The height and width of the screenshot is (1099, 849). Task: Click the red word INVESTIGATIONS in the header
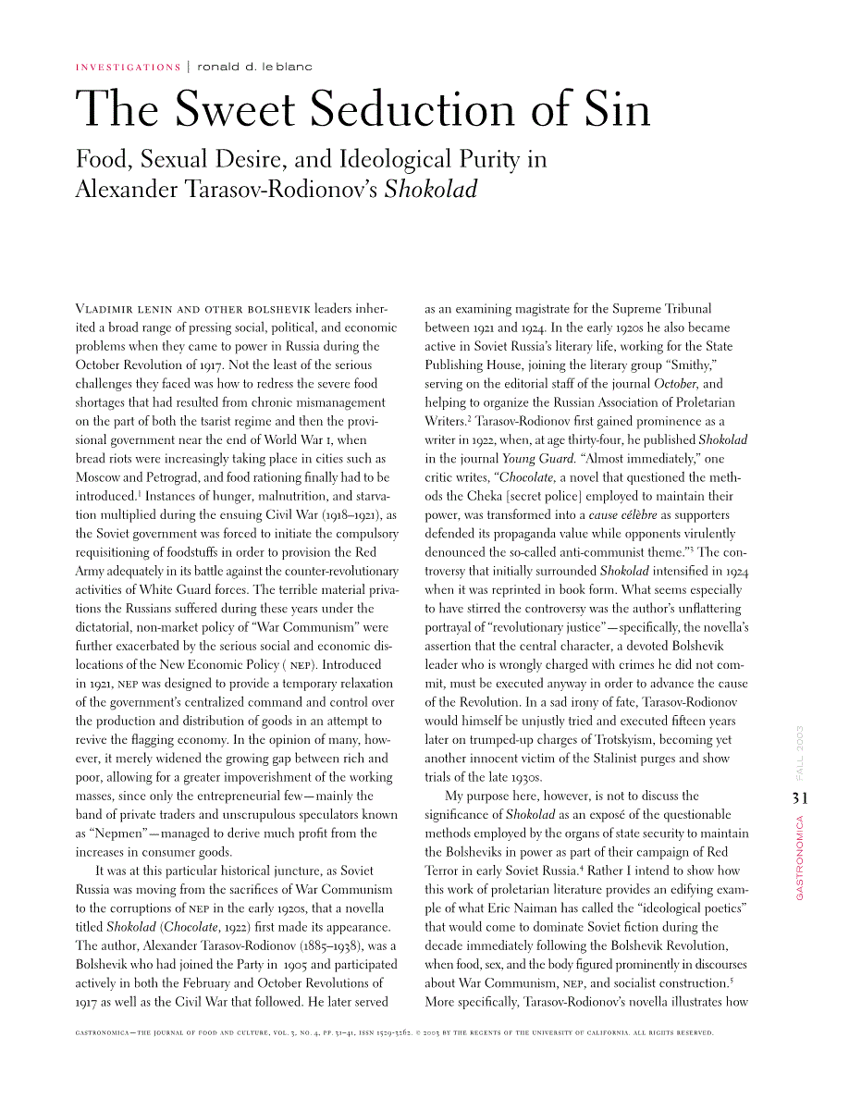point(128,67)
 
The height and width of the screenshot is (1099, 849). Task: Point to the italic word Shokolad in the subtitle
point(431,190)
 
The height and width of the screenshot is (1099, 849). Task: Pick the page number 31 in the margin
point(801,797)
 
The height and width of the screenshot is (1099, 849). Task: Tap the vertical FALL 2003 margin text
point(800,754)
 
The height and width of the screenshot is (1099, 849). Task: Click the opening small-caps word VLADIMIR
point(105,309)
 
